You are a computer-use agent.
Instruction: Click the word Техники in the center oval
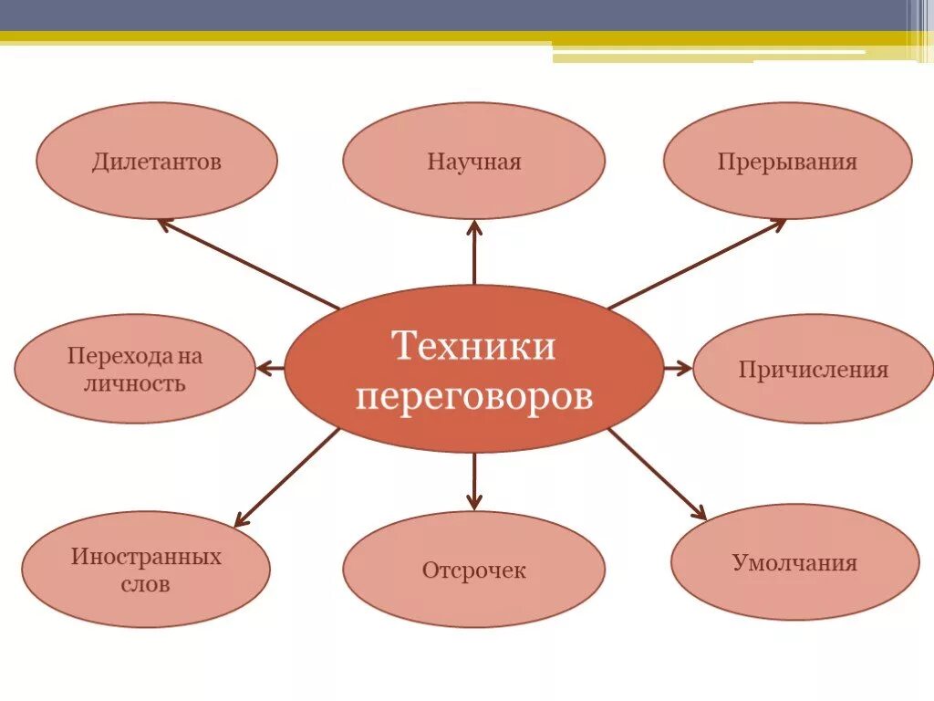(x=473, y=347)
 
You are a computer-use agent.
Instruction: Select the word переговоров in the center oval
(x=473, y=397)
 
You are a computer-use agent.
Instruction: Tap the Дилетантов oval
(x=156, y=162)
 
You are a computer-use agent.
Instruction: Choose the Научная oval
(x=473, y=162)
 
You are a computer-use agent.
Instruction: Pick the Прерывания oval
(x=787, y=162)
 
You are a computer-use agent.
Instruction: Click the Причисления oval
(x=813, y=369)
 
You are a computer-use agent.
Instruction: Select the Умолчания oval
(x=794, y=562)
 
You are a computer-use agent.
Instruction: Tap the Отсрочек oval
(x=473, y=570)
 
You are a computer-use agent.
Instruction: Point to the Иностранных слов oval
(x=146, y=570)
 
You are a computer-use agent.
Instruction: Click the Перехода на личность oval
(x=134, y=369)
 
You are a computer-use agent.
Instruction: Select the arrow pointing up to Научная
(x=474, y=252)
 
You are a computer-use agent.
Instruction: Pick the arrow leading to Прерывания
(x=697, y=264)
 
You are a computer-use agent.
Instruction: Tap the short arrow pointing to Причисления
(x=678, y=369)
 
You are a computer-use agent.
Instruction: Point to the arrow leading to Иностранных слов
(x=286, y=477)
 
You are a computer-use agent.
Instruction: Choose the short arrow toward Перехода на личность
(x=271, y=369)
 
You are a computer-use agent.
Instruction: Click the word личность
(x=134, y=382)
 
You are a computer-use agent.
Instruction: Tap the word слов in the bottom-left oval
(x=146, y=584)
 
